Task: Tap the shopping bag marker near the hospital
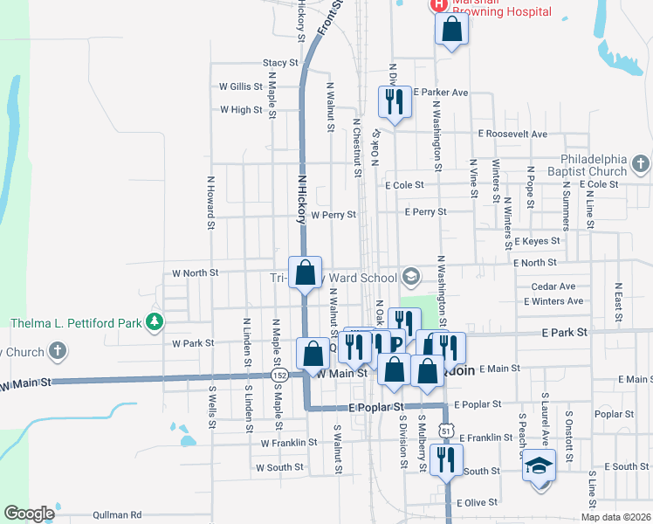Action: point(452,30)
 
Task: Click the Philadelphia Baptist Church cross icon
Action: point(639,163)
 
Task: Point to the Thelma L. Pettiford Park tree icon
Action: point(154,322)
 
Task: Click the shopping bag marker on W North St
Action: point(306,273)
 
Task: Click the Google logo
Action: point(30,514)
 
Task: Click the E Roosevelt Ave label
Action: point(512,134)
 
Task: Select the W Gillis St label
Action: point(241,86)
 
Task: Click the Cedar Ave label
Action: point(553,286)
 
